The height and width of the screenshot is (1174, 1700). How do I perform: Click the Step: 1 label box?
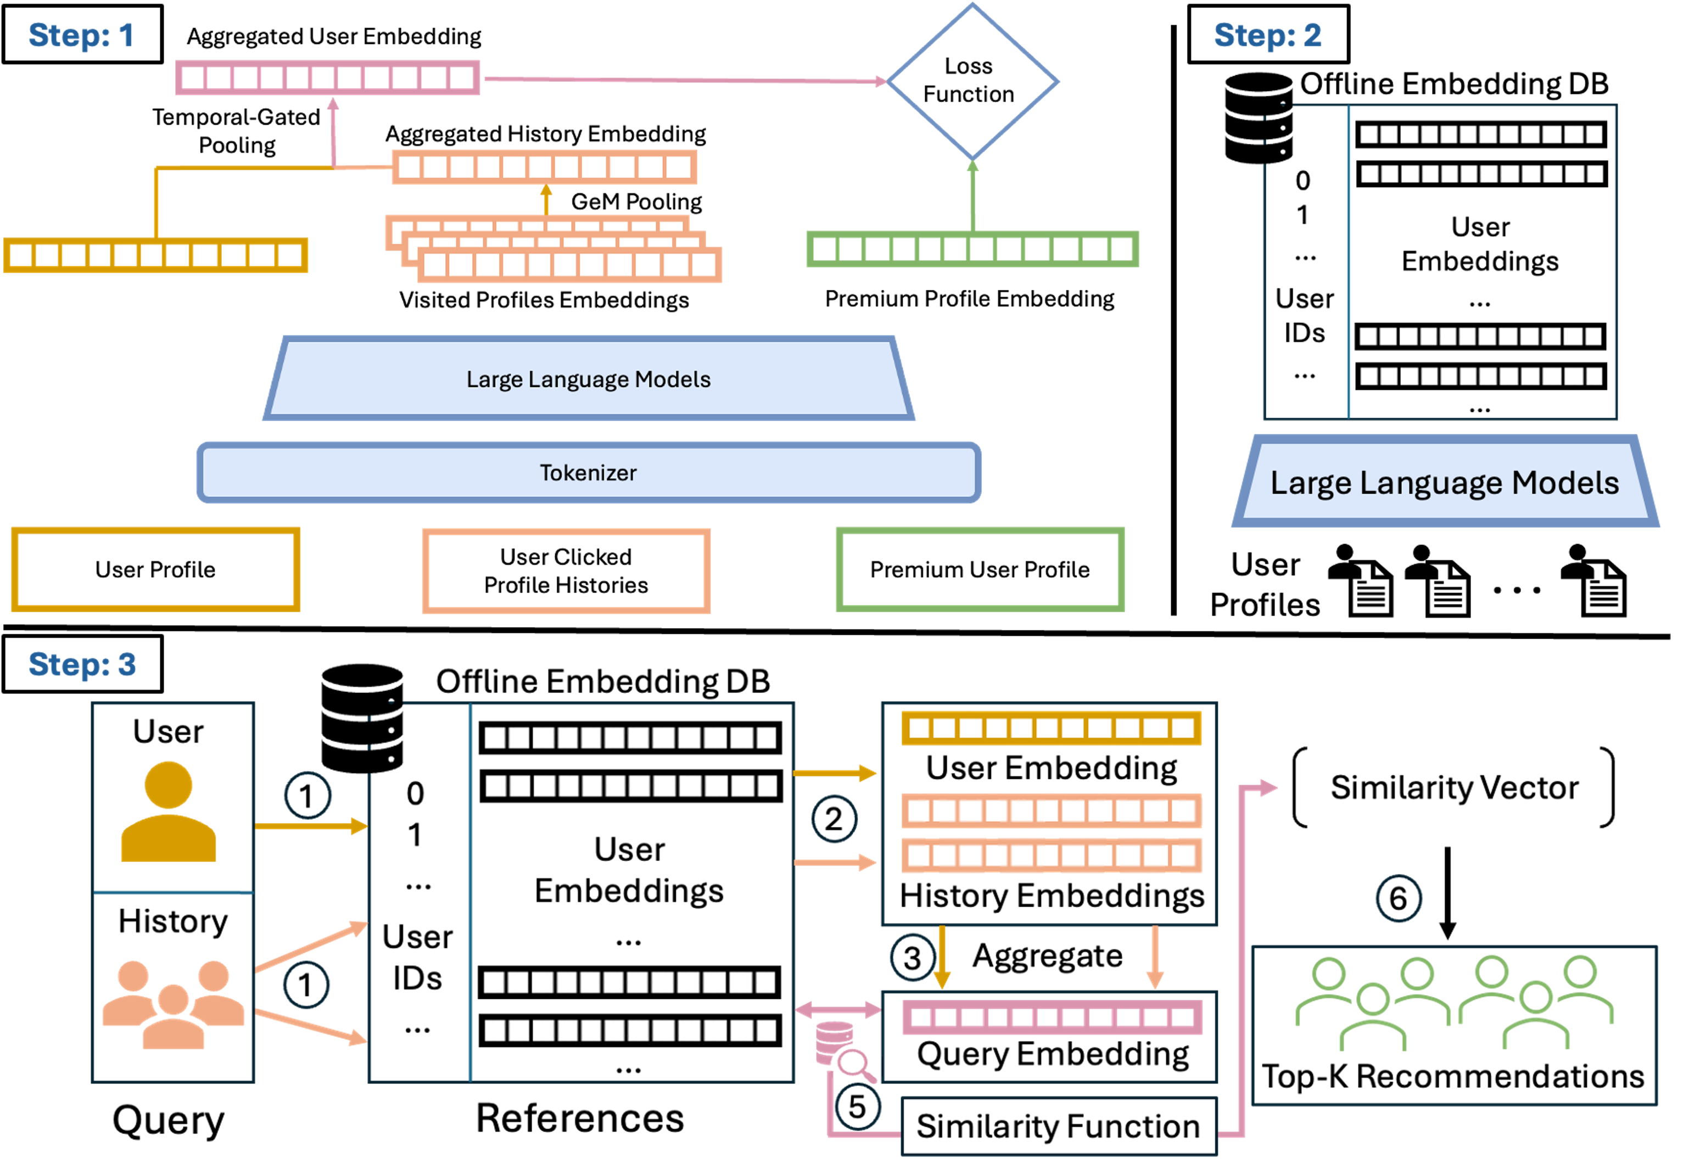point(82,35)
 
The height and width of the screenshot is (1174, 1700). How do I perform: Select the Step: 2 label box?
point(1268,35)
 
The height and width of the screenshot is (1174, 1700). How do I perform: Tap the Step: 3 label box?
point(82,664)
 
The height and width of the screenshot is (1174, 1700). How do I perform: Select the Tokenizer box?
point(589,472)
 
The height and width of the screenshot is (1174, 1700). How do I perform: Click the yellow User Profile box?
point(155,569)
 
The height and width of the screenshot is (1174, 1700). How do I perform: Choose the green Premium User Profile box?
point(980,569)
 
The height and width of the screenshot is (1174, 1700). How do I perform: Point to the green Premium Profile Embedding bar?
point(972,249)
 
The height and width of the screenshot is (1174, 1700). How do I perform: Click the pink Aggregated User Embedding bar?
point(327,78)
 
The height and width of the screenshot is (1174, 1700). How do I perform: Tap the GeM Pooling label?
point(636,202)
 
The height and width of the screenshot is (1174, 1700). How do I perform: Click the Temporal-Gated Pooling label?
point(236,131)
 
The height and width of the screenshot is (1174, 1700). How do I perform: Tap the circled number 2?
point(834,819)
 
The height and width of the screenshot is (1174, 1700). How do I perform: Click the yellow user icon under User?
point(169,812)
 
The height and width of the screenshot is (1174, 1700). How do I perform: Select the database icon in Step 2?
point(1259,118)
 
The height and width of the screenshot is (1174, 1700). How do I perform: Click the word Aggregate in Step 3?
point(1048,956)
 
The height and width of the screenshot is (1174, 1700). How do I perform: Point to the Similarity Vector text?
point(1455,787)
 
